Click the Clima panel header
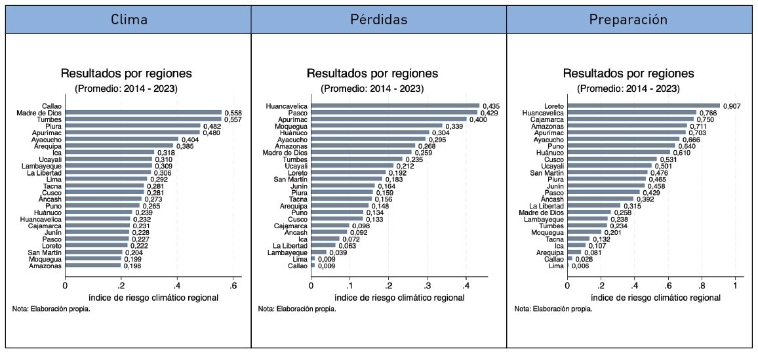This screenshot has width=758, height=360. [x=129, y=20]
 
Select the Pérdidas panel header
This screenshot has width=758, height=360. [x=379, y=20]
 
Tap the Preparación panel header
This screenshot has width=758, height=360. [x=628, y=20]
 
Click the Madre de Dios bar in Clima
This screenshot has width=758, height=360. [x=143, y=113]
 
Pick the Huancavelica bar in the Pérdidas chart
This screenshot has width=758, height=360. [x=395, y=106]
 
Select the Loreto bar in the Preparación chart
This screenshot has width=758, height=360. [x=643, y=106]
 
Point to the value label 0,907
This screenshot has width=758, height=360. [x=732, y=106]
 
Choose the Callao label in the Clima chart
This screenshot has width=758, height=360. [x=52, y=106]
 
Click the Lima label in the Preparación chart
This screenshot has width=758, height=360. [x=556, y=266]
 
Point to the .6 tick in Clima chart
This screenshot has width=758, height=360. [x=233, y=286]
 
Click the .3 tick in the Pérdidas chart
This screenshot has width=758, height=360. [x=428, y=286]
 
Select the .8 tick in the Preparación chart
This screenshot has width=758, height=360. [x=702, y=286]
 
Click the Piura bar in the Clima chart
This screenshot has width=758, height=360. [x=132, y=126]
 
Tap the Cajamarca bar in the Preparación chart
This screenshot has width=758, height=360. [x=630, y=119]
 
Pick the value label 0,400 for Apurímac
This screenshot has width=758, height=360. [x=478, y=119]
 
